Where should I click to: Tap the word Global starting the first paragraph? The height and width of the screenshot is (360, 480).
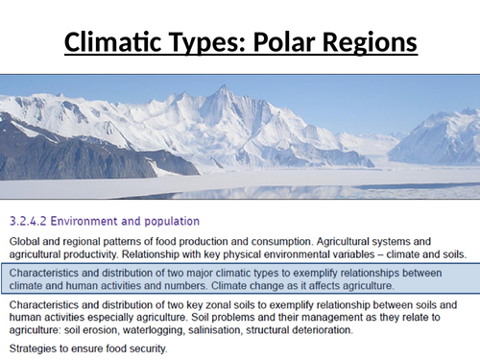[x=23, y=228]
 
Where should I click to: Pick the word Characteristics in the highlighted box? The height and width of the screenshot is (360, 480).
[x=45, y=261]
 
